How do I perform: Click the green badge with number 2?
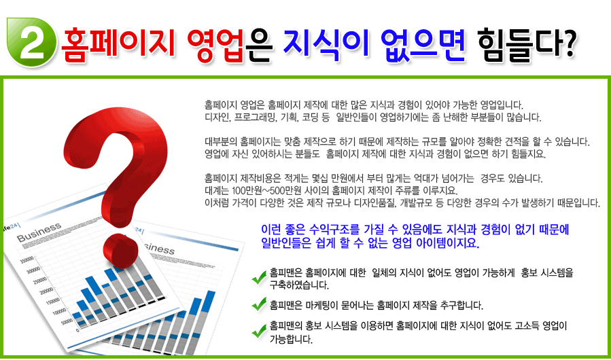pos(31,42)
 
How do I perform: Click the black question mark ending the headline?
pos(565,42)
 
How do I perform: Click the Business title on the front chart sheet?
pos(39,232)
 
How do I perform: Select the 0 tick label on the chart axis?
pos(77,329)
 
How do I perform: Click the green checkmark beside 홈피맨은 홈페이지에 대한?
pos(259,277)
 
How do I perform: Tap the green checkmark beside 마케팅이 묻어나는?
pos(259,304)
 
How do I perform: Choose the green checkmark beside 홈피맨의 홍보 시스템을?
pos(259,331)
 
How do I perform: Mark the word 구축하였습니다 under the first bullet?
pos(299,285)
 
